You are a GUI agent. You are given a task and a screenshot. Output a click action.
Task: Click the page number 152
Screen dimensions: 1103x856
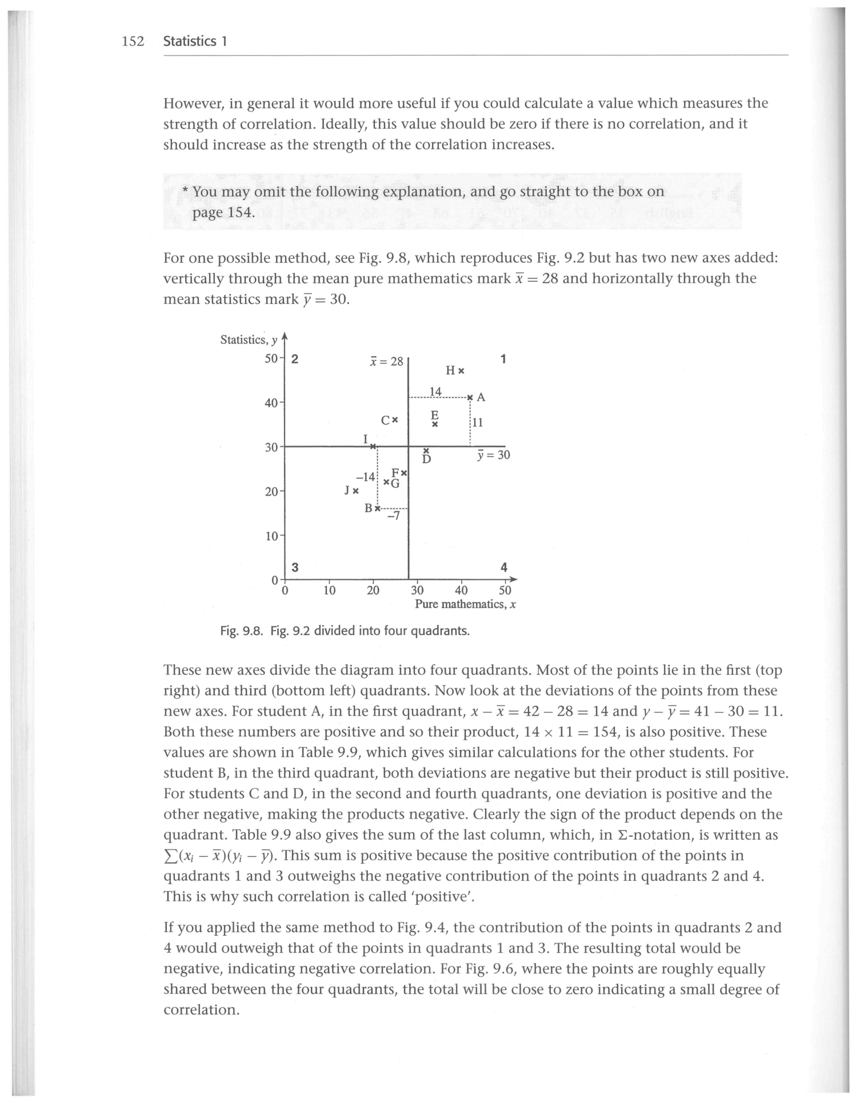pyautogui.click(x=132, y=41)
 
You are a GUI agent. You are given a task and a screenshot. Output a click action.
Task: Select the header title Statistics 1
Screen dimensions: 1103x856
pyautogui.click(x=195, y=41)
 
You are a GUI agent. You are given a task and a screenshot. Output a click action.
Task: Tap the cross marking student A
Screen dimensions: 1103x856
pyautogui.click(x=470, y=397)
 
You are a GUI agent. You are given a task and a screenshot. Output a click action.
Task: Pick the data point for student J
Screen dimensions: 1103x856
pyautogui.click(x=355, y=490)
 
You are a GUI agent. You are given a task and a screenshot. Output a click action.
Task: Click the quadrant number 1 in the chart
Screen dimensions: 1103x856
pyautogui.click(x=503, y=359)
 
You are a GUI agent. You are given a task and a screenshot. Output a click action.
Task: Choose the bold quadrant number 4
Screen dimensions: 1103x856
pyautogui.click(x=503, y=567)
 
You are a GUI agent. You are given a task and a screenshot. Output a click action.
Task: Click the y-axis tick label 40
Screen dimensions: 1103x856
pyautogui.click(x=271, y=403)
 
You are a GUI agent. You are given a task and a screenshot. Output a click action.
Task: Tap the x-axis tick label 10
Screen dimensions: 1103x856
pyautogui.click(x=329, y=589)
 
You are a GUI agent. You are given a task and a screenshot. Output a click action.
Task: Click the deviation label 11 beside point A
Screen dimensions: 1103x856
pyautogui.click(x=478, y=423)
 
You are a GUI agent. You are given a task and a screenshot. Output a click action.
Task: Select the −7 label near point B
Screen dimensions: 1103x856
pyautogui.click(x=394, y=516)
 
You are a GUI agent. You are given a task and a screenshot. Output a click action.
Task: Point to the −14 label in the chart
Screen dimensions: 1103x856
pyautogui.click(x=365, y=477)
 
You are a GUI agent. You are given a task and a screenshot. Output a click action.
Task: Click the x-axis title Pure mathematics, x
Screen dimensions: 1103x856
pyautogui.click(x=465, y=604)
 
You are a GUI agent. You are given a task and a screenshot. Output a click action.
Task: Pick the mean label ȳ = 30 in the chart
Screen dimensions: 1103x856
pyautogui.click(x=493, y=455)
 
